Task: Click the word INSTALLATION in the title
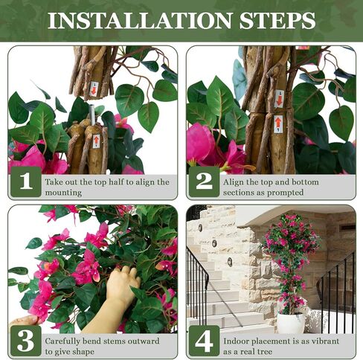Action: click(x=140, y=20)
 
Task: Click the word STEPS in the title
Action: click(x=277, y=20)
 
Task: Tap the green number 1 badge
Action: click(x=26, y=181)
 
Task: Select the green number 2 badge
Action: click(x=204, y=181)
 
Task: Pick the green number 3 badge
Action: click(x=26, y=341)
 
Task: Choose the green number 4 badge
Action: click(x=204, y=341)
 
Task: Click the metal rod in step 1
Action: click(x=92, y=115)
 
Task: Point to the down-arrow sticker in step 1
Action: click(x=94, y=89)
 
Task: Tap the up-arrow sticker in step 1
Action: click(x=96, y=141)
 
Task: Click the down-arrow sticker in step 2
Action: click(x=279, y=99)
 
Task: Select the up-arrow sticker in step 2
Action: click(x=278, y=124)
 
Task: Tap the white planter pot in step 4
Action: click(x=291, y=323)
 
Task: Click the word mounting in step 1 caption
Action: click(x=63, y=193)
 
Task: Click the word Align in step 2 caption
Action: click(x=233, y=182)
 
